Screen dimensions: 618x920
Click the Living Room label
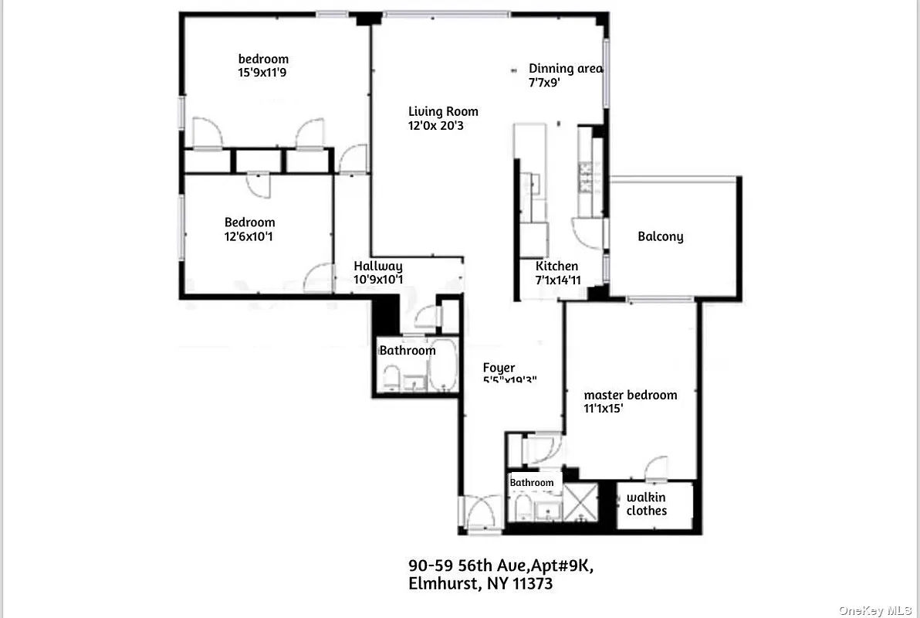tap(443, 111)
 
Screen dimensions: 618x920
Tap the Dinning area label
tap(566, 68)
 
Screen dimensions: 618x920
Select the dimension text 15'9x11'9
tap(264, 73)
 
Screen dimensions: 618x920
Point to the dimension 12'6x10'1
tap(249, 236)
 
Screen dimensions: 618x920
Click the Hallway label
tap(378, 267)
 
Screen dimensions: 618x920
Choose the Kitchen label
tap(556, 267)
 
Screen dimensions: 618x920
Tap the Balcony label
tap(660, 236)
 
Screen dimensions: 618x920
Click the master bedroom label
tap(630, 395)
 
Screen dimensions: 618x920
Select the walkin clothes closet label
tap(647, 504)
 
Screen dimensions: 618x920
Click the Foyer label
tap(499, 368)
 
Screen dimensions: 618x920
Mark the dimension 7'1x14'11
tap(559, 280)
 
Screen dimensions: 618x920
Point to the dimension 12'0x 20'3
tap(435, 125)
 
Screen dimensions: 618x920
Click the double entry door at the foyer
tap(481, 514)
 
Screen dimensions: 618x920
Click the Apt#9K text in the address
tap(556, 565)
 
